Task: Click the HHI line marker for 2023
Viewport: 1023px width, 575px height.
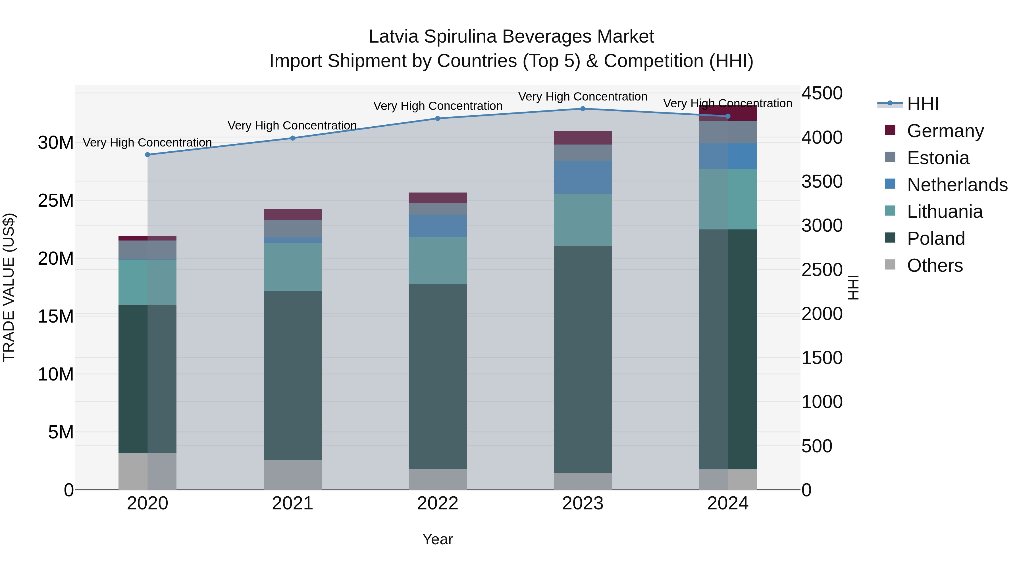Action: tap(583, 109)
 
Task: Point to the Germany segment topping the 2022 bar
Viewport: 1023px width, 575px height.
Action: tap(438, 198)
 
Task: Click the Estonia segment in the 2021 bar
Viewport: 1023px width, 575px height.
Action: tap(293, 229)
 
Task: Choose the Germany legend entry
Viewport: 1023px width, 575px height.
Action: tap(945, 131)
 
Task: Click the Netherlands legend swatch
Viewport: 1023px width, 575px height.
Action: tap(890, 184)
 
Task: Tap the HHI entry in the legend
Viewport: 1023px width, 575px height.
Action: tap(922, 104)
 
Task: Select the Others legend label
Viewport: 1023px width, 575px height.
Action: tap(935, 265)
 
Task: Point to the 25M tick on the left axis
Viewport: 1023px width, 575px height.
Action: tap(56, 201)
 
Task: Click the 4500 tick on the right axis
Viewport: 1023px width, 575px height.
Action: tap(822, 94)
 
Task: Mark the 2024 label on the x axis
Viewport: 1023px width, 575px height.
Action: tap(727, 503)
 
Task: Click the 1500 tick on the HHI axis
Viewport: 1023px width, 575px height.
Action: tap(822, 358)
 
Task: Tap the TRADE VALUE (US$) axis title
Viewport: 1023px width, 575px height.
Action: tap(9, 287)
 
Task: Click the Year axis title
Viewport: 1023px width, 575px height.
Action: tap(438, 539)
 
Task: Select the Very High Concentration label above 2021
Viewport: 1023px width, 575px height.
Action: tap(292, 126)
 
